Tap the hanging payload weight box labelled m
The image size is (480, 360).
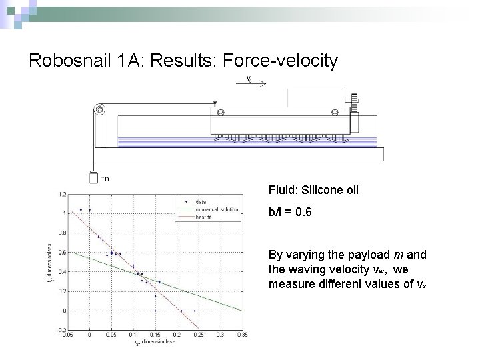pos(93,177)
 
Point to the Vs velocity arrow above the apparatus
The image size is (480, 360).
pos(254,83)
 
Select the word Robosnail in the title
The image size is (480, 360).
pos(70,61)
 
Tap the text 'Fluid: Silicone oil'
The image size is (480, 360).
pos(313,190)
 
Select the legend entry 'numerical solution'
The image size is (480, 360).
pos(217,209)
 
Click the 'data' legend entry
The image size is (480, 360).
pos(201,202)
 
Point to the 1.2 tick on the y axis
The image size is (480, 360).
pos(62,194)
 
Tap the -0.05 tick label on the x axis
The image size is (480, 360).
pos(67,335)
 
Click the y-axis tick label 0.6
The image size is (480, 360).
pos(62,253)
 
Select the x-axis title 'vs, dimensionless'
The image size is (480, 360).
pos(155,342)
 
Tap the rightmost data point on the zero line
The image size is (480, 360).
pos(195,311)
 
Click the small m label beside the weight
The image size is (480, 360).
pos(105,178)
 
